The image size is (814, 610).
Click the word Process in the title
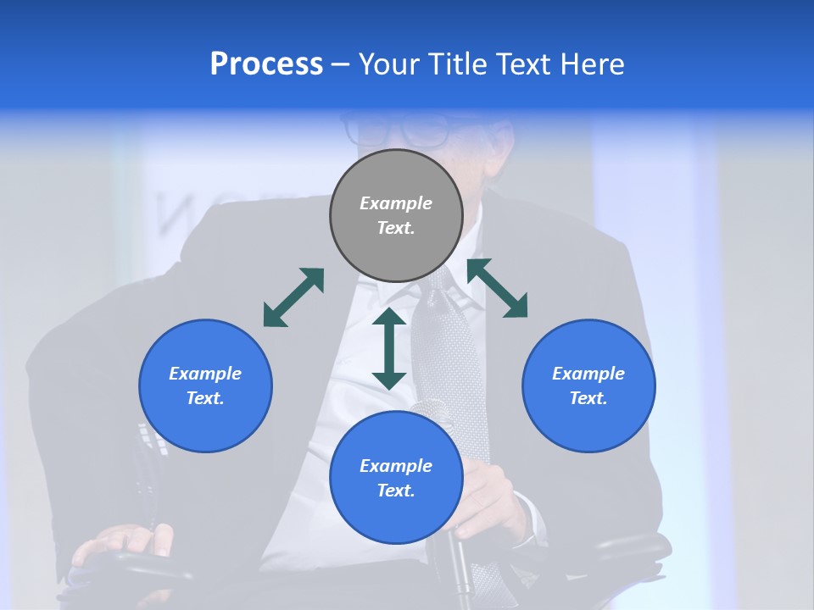pyautogui.click(x=266, y=64)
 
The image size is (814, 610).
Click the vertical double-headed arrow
pyautogui.click(x=389, y=348)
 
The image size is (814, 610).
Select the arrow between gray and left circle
pyautogui.click(x=293, y=297)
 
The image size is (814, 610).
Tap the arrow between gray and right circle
pyautogui.click(x=498, y=288)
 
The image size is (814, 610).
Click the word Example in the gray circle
pyautogui.click(x=396, y=203)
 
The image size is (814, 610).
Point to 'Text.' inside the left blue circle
pyautogui.click(x=205, y=398)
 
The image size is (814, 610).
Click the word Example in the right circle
pyautogui.click(x=588, y=374)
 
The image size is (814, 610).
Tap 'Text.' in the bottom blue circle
pyautogui.click(x=396, y=491)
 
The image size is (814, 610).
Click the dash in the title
pyautogui.click(x=340, y=64)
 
